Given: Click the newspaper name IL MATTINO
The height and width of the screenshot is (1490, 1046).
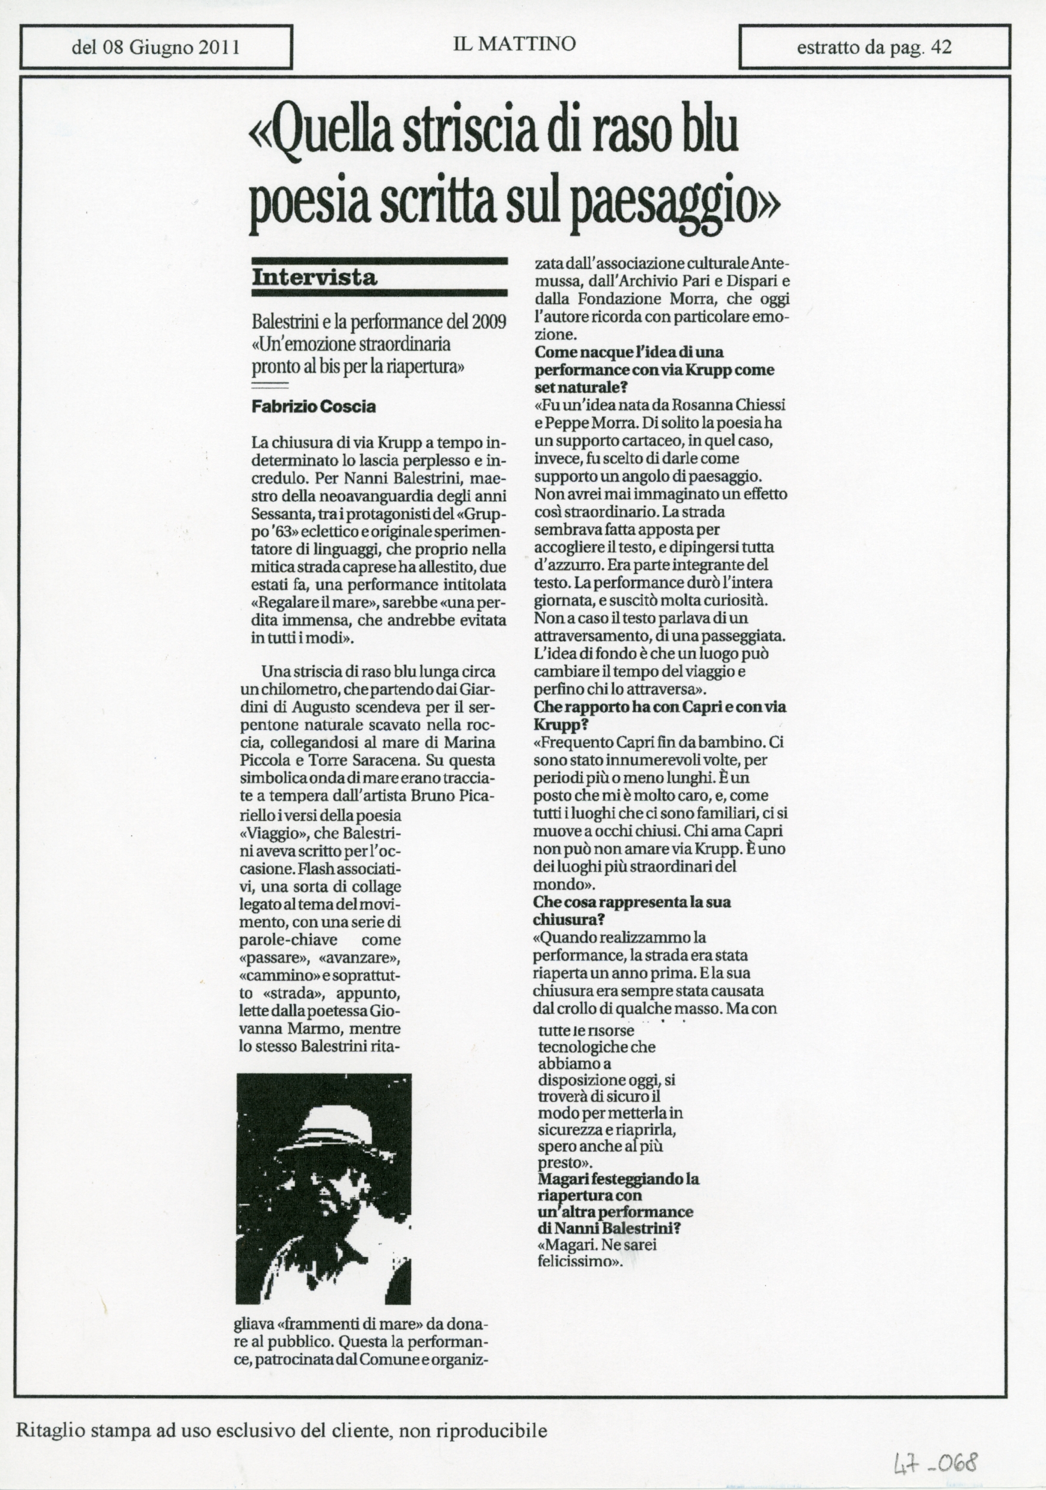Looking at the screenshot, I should [514, 44].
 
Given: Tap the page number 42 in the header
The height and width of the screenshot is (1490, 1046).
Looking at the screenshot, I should [942, 47].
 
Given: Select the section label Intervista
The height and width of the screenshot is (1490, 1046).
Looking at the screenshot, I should [314, 278].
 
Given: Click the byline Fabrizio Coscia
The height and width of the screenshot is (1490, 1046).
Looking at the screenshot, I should [314, 407].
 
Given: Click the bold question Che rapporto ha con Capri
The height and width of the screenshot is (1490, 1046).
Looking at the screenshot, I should [659, 707].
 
